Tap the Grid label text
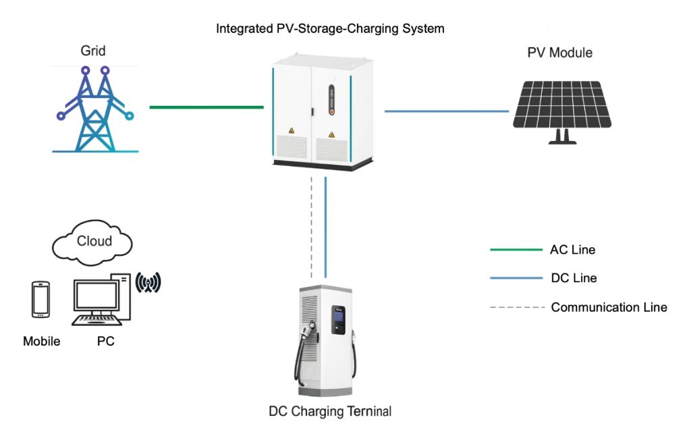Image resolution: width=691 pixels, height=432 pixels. tap(93, 51)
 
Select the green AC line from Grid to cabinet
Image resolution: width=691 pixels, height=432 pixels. tap(206, 107)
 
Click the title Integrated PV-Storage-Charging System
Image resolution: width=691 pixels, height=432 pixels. tap(330, 29)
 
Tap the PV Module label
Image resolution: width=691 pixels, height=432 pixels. tap(560, 53)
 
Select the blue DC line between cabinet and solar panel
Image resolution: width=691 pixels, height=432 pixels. tap(446, 111)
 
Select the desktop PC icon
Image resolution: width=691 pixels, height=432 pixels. tap(100, 300)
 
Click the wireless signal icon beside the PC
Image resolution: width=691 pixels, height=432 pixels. tap(148, 283)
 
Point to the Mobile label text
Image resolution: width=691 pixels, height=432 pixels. tap(42, 342)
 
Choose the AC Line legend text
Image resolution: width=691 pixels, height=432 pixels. tap(573, 250)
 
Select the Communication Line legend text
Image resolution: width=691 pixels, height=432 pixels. tap(609, 307)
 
